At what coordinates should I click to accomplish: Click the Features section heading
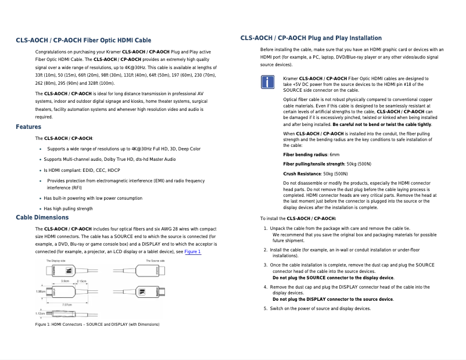point(28,127)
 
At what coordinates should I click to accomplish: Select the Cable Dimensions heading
point(42,217)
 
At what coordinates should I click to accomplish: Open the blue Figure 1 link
point(192,252)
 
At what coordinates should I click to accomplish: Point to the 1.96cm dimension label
point(41,290)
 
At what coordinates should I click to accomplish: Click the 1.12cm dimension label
point(40,314)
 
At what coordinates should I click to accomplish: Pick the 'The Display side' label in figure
point(59,261)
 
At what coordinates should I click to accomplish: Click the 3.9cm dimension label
point(66,281)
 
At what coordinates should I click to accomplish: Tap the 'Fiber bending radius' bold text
point(305,155)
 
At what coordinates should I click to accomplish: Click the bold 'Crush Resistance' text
point(302,174)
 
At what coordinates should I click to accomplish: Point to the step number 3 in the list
point(266,265)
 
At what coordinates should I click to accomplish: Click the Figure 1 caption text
point(97,324)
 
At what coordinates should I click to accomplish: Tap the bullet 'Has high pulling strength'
point(68,208)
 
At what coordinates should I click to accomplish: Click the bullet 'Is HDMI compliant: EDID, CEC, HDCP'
point(82,171)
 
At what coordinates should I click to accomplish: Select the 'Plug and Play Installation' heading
point(311,38)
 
